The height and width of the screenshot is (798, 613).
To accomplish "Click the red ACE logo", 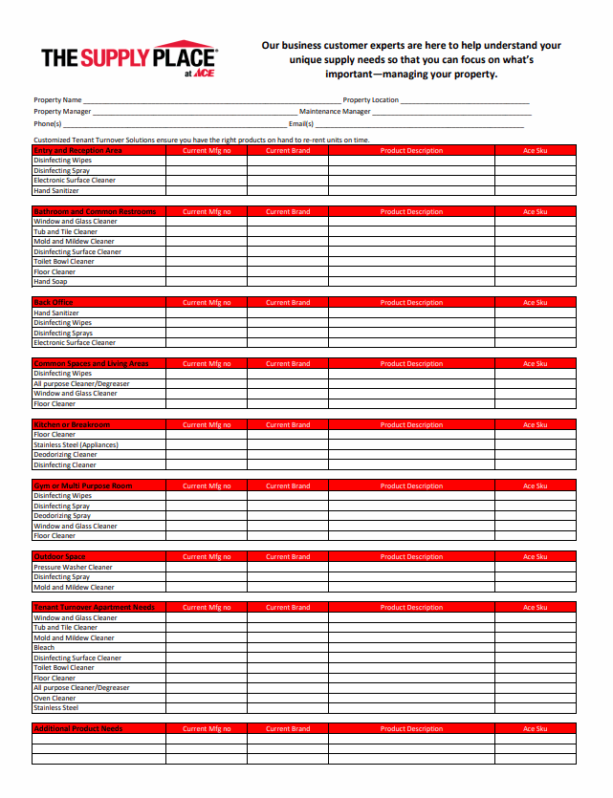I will [x=204, y=74].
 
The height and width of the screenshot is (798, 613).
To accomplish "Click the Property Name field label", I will [x=57, y=100].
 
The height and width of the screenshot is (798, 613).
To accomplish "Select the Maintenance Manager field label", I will [x=335, y=112].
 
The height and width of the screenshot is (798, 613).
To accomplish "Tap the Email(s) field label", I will [x=301, y=123].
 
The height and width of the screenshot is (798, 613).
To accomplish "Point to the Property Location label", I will [x=370, y=100].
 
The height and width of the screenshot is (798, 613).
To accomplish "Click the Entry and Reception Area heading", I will [x=77, y=150].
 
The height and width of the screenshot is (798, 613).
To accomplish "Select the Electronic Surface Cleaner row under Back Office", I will [x=75, y=342].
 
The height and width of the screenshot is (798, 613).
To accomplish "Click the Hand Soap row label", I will [x=51, y=282].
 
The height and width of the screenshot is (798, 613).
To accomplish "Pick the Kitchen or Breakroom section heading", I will [x=72, y=424].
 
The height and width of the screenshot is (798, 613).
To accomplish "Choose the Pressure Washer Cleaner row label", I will [x=74, y=567].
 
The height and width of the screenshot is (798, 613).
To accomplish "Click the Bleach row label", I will [x=44, y=648].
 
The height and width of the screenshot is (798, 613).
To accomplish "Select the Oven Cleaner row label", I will [x=55, y=698].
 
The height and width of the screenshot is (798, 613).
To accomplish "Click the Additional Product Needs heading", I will [x=77, y=728].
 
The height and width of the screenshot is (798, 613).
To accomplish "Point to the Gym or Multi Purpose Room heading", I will [x=82, y=485].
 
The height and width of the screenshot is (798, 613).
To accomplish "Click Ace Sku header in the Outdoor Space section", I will [x=535, y=556].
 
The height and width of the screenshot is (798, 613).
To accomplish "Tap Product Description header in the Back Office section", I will [x=411, y=302].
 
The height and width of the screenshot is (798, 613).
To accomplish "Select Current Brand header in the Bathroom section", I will [x=288, y=211].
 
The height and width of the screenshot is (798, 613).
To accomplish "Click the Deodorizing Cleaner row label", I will [x=65, y=455].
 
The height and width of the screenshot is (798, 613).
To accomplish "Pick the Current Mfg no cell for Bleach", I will [x=207, y=648].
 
